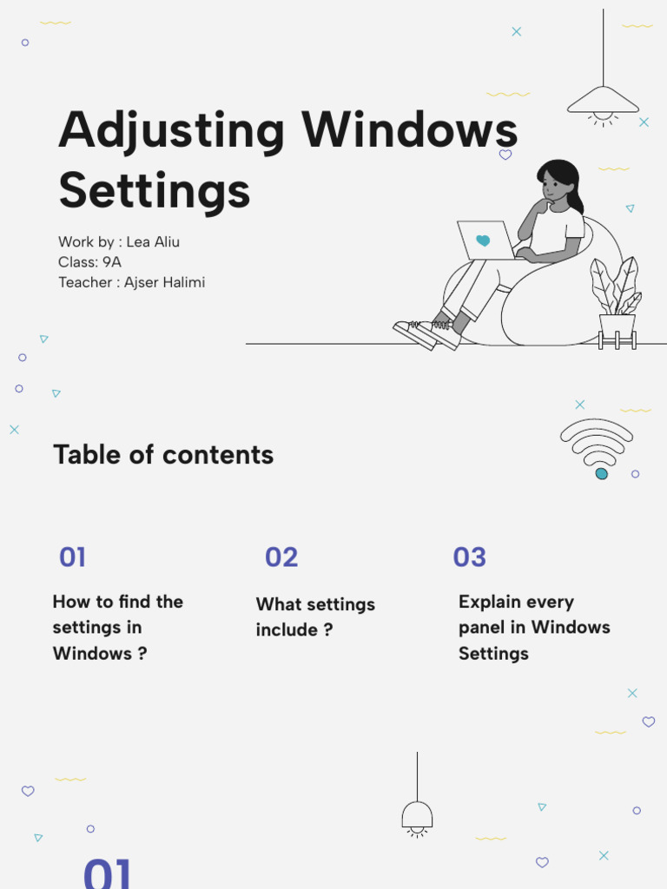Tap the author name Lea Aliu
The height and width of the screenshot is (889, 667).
[153, 242]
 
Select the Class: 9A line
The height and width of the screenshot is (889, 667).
[89, 262]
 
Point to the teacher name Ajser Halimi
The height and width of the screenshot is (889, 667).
[164, 282]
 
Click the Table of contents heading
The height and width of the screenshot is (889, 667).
[163, 455]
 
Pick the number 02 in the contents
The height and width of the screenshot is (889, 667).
[281, 557]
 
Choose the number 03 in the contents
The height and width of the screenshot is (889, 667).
[469, 557]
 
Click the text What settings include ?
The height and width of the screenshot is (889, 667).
[315, 617]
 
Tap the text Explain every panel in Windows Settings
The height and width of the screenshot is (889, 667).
[534, 627]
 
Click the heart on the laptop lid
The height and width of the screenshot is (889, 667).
[483, 240]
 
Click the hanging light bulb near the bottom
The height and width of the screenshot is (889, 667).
[417, 816]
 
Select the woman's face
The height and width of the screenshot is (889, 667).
[554, 186]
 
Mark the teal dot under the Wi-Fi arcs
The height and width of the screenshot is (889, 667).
[601, 473]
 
